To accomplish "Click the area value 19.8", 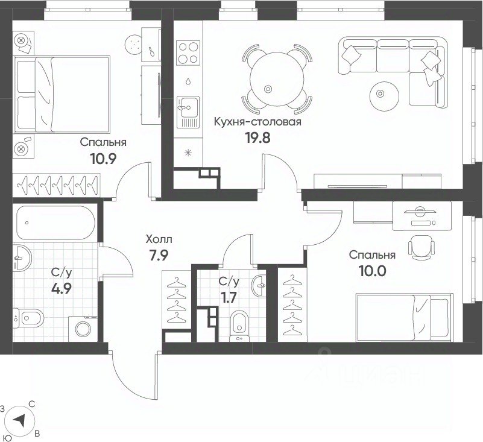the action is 257,137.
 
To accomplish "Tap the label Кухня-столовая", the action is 257,122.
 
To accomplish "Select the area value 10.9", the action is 103,159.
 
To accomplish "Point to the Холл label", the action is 159,239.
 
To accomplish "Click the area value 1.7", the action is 229,297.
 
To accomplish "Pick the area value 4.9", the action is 62,289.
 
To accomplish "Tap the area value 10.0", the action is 372,271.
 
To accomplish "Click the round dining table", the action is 277,79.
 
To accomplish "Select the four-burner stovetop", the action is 189,52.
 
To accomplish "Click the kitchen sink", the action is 188,112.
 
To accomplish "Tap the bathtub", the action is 55,223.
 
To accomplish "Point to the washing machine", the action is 83,329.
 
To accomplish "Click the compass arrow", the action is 21,420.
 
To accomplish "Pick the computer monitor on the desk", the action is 420,212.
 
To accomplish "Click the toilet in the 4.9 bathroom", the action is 29,318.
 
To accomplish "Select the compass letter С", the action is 31,404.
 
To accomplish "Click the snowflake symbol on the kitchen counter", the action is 188,153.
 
